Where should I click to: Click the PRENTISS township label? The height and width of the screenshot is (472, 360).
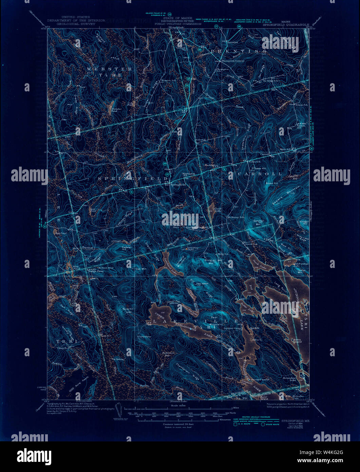[237, 51]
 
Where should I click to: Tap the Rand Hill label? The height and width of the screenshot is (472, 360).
[126, 309]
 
